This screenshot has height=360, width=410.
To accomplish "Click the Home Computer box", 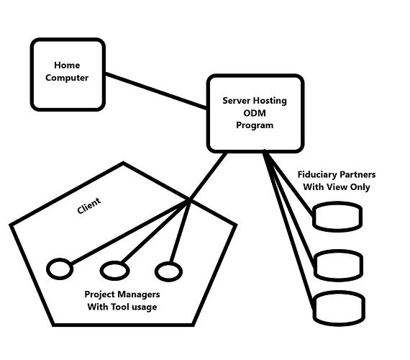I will (67, 74).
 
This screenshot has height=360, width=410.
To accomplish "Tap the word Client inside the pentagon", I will (89, 206).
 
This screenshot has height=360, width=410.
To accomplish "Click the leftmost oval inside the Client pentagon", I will (60, 269).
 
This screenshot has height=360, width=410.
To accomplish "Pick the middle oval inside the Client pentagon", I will (114, 271).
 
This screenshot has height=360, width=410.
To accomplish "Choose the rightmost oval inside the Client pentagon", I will (168, 271).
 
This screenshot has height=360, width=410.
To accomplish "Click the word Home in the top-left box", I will (67, 66).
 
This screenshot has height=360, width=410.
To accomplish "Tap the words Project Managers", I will (122, 294).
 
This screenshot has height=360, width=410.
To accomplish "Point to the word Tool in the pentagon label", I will (122, 307).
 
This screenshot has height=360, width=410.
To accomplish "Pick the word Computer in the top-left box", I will (67, 78).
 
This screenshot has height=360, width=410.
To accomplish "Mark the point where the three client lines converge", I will (188, 204).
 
